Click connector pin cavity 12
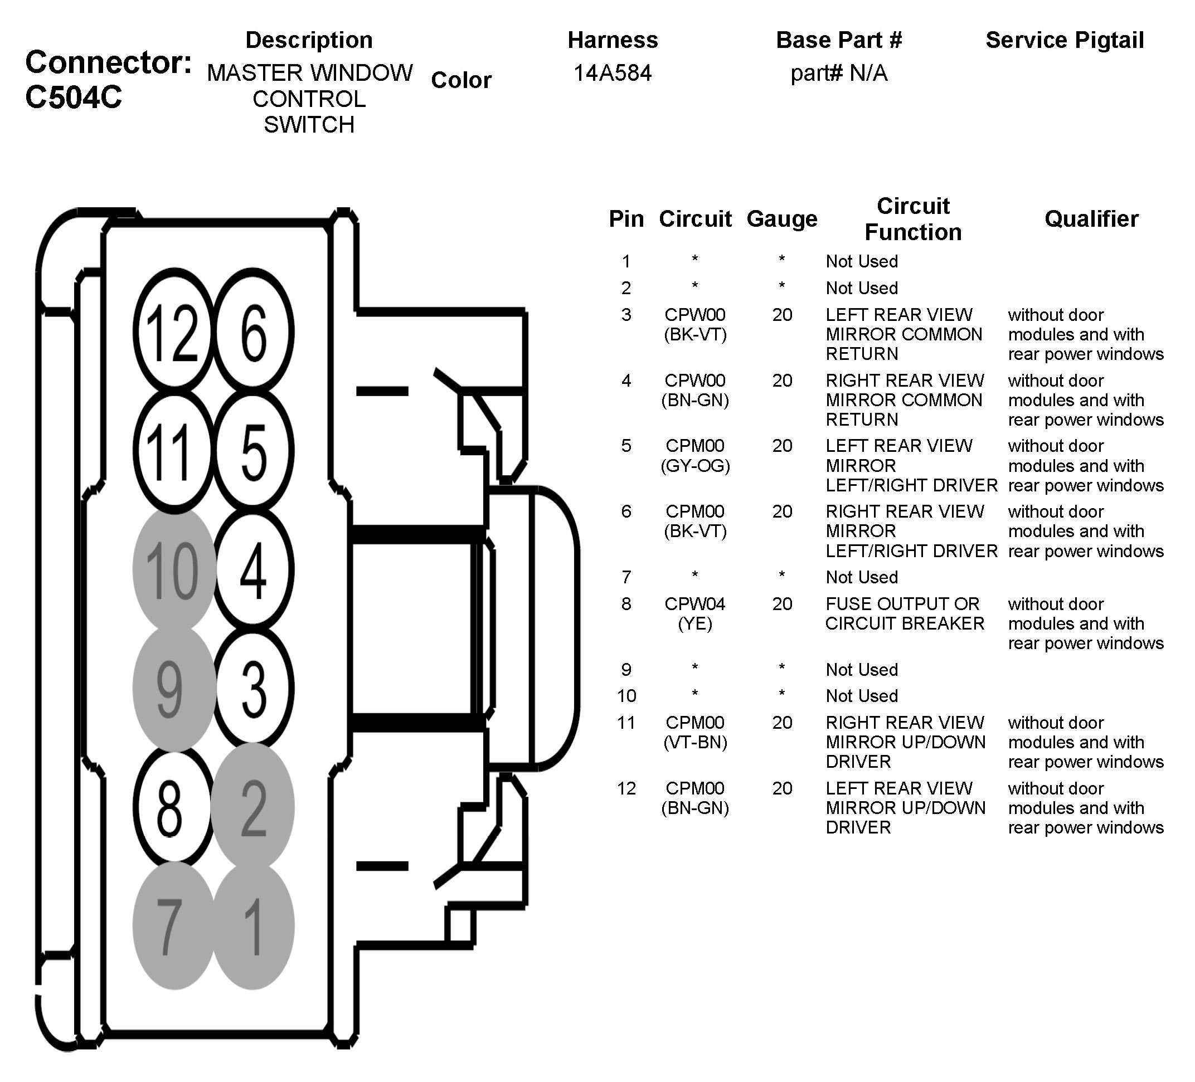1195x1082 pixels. (x=172, y=332)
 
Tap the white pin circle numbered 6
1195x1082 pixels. (x=254, y=332)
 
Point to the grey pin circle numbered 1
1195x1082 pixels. (x=254, y=926)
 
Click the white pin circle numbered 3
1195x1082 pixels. (x=254, y=688)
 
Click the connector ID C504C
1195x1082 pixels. (x=74, y=97)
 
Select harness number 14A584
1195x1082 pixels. (x=613, y=73)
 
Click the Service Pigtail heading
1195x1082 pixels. (x=1065, y=40)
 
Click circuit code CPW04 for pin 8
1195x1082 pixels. (x=694, y=604)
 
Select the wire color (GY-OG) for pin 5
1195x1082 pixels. (x=695, y=466)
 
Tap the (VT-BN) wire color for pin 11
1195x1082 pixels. (x=695, y=742)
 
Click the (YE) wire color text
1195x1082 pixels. (x=694, y=623)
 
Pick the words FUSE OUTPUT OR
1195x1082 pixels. (x=902, y=604)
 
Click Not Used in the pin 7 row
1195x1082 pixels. (x=862, y=577)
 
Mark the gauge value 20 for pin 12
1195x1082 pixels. (x=782, y=788)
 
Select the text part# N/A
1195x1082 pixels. (x=839, y=73)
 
